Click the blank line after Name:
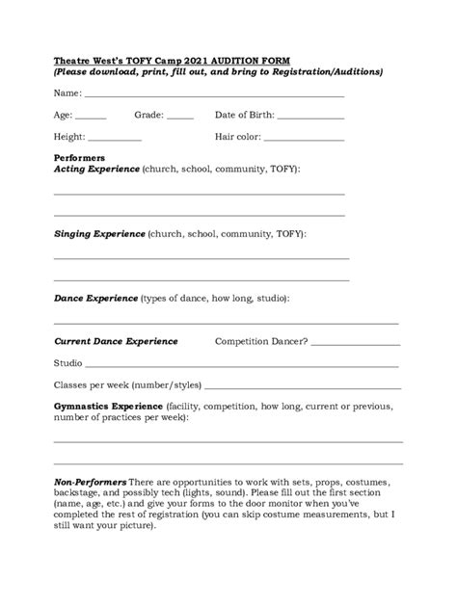(214, 95)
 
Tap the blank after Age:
(91, 118)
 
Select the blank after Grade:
(180, 118)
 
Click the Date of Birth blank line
(310, 118)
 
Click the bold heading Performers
(79, 158)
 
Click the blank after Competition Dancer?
(356, 343)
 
